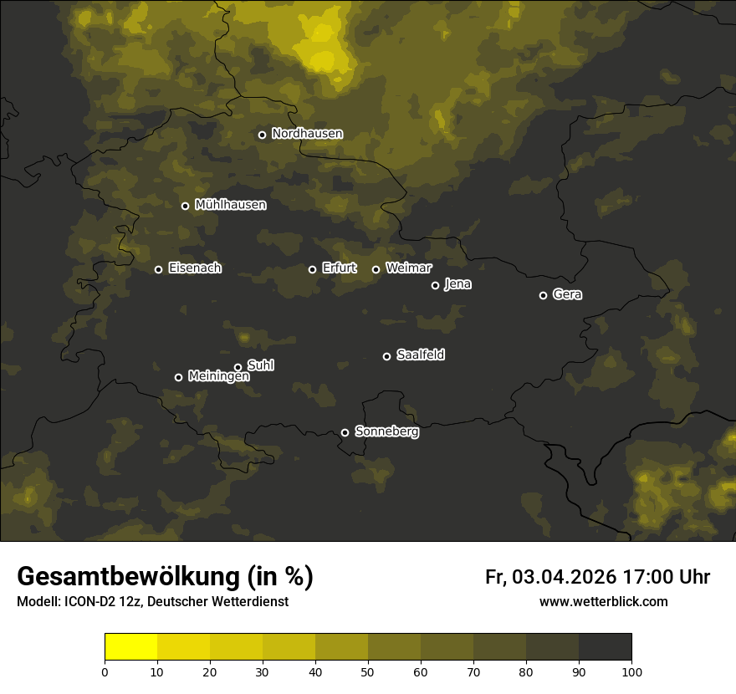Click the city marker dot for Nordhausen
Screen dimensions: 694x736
click(x=262, y=135)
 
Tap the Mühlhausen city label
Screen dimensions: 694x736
click(x=230, y=205)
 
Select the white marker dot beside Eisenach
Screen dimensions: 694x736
click(x=158, y=269)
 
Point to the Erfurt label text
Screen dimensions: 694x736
click(x=339, y=268)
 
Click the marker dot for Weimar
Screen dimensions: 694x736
click(x=376, y=269)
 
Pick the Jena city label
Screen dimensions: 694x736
click(x=457, y=284)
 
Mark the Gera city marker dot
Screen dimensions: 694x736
click(x=543, y=295)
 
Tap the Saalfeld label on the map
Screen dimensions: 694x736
click(x=420, y=355)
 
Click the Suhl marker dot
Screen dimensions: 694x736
click(x=238, y=367)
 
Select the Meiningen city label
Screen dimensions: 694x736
click(x=218, y=376)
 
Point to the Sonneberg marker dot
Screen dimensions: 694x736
click(x=345, y=432)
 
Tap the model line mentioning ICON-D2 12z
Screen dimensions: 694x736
click(x=152, y=602)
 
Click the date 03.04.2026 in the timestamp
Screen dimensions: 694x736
click(x=565, y=577)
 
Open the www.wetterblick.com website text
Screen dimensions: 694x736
click(x=603, y=602)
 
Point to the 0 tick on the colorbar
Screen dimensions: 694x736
click(x=105, y=671)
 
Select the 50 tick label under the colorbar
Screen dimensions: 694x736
click(x=368, y=671)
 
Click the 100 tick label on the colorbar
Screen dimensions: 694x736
click(x=631, y=671)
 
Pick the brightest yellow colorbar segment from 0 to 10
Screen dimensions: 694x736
click(x=131, y=647)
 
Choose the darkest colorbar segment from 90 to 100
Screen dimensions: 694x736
click(x=605, y=647)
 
